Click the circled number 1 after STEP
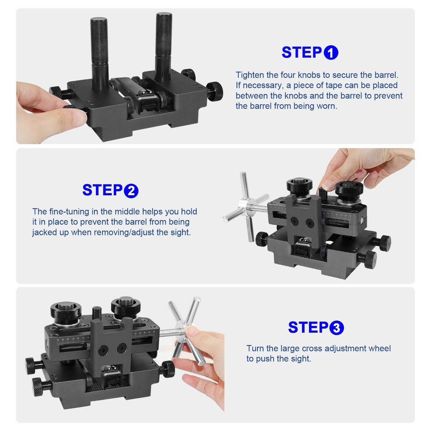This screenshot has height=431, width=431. click(331, 53)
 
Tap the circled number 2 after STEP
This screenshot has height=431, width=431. click(131, 190)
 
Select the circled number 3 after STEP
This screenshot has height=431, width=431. click(337, 328)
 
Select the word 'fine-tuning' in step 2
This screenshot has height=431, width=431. click(69, 212)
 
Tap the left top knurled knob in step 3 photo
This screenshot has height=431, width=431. click(64, 309)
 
